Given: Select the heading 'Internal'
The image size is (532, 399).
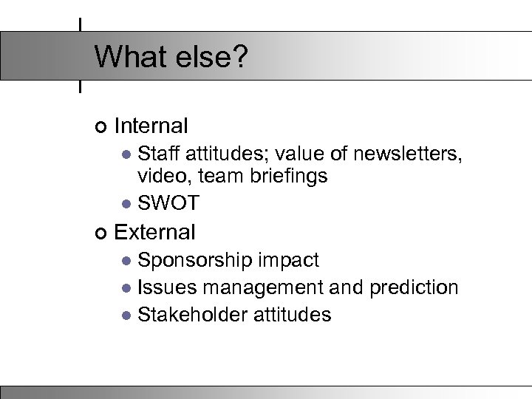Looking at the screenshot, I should pyautogui.click(x=152, y=126).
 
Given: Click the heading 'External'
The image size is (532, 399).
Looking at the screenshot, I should pyautogui.click(x=155, y=232).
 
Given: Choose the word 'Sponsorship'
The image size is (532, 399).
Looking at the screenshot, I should pyautogui.click(x=196, y=260).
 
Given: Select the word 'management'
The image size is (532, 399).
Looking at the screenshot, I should pyautogui.click(x=261, y=287).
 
